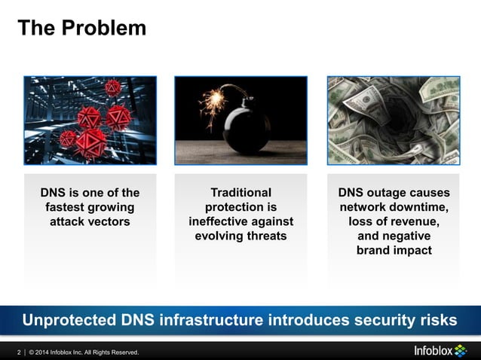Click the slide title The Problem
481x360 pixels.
coord(81,28)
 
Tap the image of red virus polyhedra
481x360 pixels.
coord(90,121)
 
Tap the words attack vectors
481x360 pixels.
coord(90,221)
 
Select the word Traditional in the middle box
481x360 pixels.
coord(240,193)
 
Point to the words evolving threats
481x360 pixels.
coord(240,236)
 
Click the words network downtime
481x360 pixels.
coord(394,207)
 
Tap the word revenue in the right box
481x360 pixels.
coord(413,221)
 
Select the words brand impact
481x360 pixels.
coord(394,250)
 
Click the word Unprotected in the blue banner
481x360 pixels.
coord(69,320)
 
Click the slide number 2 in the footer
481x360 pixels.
coord(20,352)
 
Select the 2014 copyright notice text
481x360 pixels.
coord(84,352)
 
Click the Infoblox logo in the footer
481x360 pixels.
coord(440,351)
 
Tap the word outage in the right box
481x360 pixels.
coord(394,193)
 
